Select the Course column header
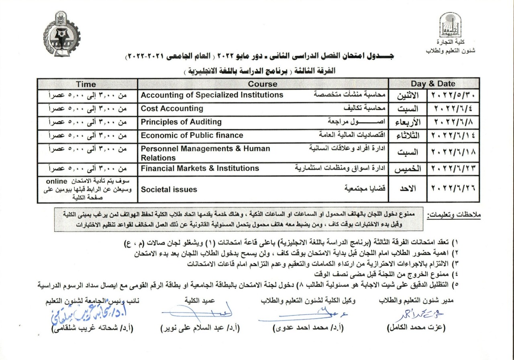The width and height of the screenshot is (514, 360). click(x=263, y=84)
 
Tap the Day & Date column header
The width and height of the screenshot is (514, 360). click(x=433, y=84)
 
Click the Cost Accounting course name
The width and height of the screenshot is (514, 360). click(x=172, y=108)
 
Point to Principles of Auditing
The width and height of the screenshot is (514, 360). click(x=181, y=122)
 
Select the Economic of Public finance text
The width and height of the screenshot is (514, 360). click(x=192, y=135)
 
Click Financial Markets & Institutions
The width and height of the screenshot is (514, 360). click(x=200, y=168)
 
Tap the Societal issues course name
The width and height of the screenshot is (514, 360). click(x=169, y=189)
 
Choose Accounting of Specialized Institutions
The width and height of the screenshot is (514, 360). click(x=212, y=95)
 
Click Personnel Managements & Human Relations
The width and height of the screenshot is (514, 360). click(x=205, y=153)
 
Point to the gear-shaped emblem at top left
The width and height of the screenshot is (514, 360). click(x=61, y=34)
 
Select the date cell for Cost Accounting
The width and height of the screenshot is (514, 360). click(x=453, y=109)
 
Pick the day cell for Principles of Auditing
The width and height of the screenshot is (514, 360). click(x=408, y=123)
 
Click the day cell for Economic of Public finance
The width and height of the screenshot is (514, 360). click(x=408, y=136)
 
